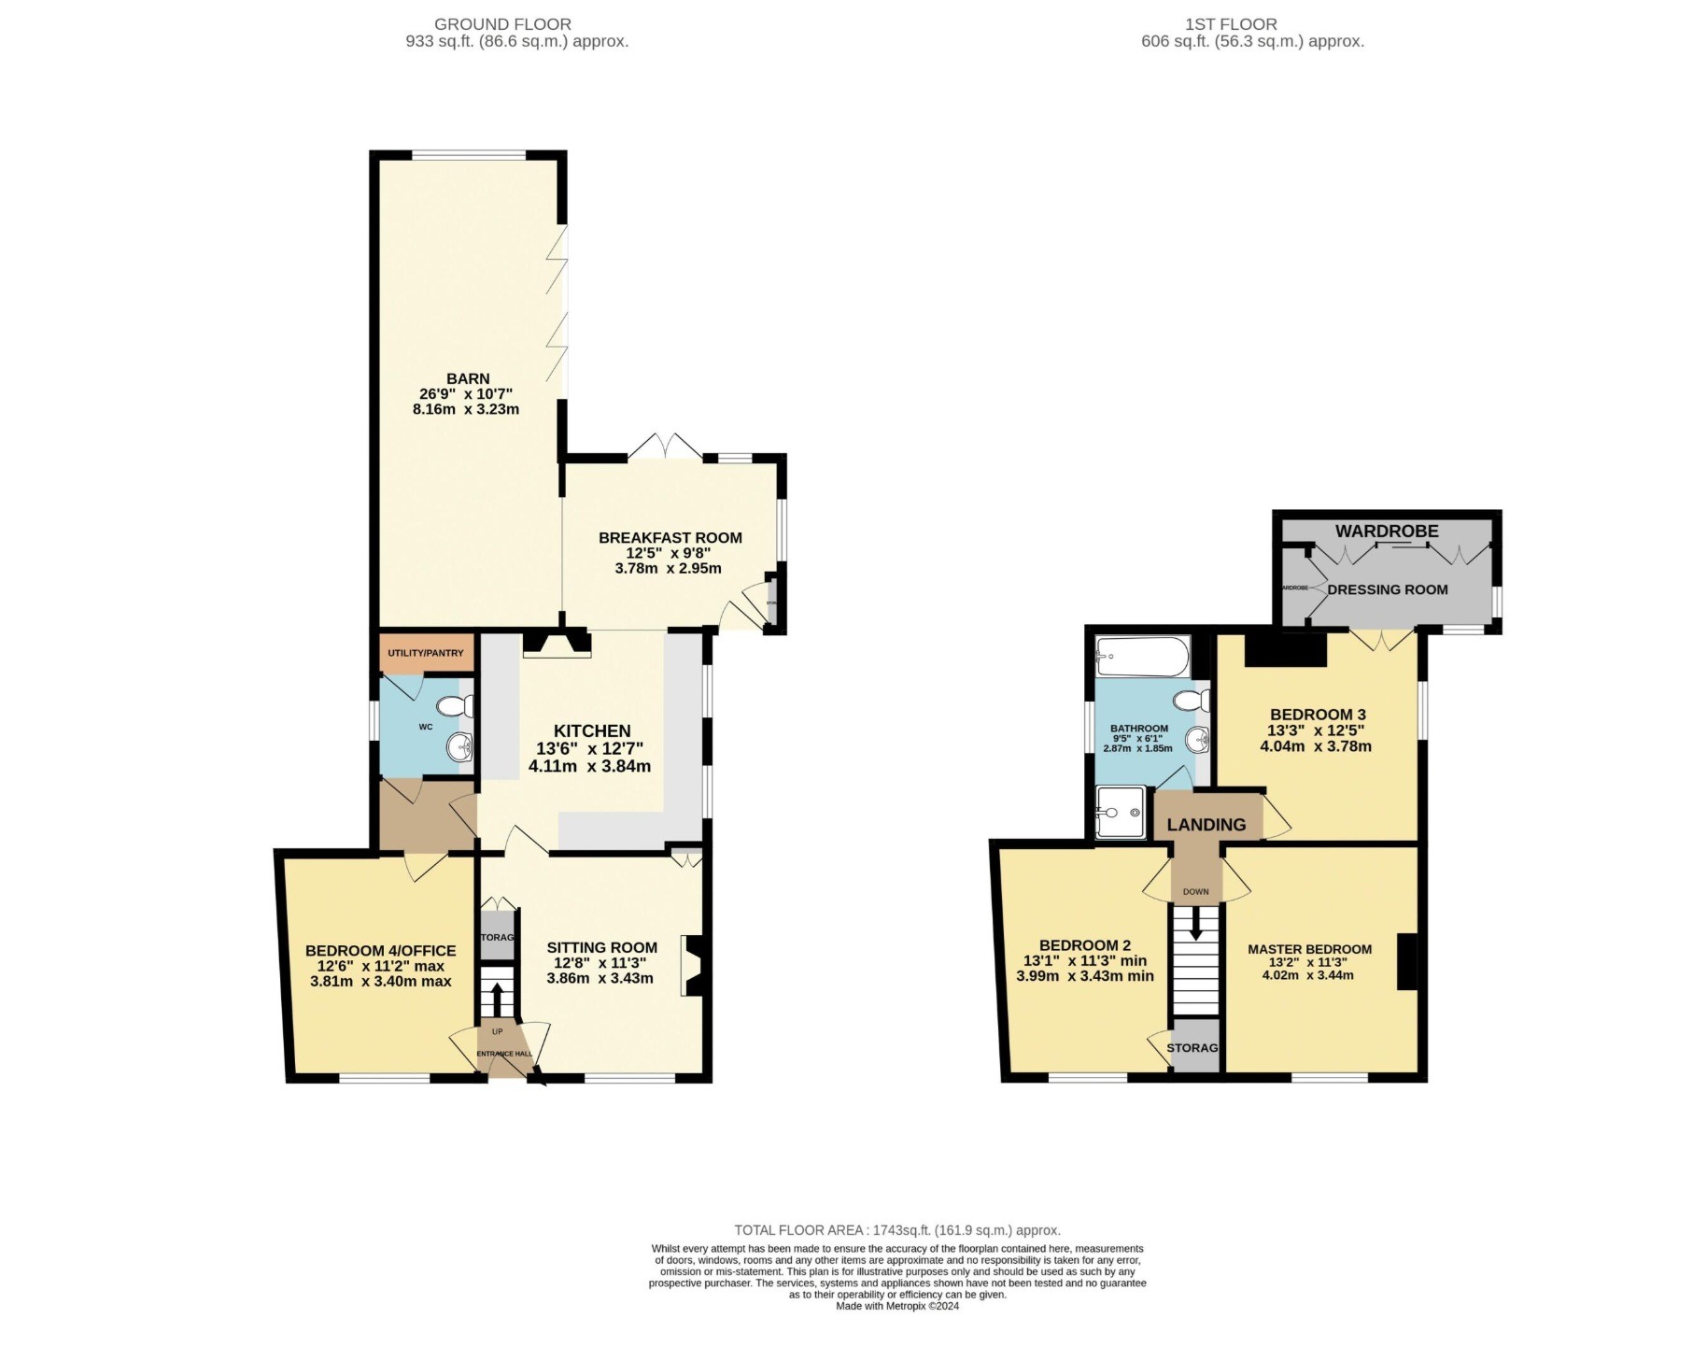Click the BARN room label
tap(468, 378)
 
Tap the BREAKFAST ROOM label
tap(670, 538)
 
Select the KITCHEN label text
tap(592, 731)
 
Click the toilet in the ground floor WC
tap(455, 706)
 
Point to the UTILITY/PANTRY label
tap(426, 653)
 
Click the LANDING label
tap(1206, 825)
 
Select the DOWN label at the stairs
tap(1195, 892)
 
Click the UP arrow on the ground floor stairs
tap(496, 1000)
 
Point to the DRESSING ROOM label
tap(1387, 589)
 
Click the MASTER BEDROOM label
tap(1309, 949)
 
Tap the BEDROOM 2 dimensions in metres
tap(1084, 976)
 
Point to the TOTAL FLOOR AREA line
tap(896, 1230)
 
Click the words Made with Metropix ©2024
tap(896, 1306)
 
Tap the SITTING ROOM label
tap(601, 947)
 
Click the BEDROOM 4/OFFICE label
tap(380, 951)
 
